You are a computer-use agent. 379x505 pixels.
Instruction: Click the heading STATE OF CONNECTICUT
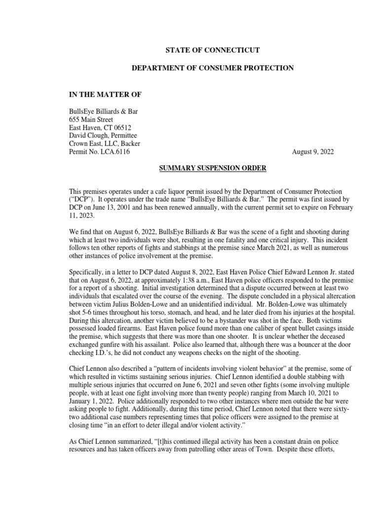pos(212,50)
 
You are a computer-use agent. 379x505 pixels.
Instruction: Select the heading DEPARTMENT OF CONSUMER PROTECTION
pos(212,68)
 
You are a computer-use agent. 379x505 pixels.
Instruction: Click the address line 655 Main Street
pos(91,119)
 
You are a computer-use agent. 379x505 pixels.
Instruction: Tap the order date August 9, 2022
pos(313,152)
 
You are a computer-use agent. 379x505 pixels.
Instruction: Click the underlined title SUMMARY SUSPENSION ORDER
pos(212,168)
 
